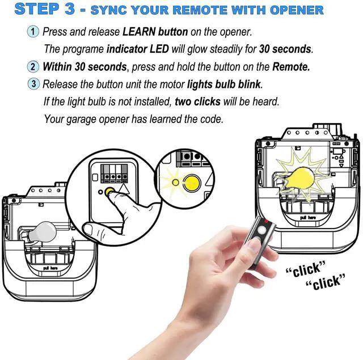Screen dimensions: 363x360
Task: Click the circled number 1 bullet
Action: (33, 32)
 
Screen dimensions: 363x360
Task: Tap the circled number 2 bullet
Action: (33, 67)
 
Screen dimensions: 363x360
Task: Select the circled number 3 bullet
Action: (33, 84)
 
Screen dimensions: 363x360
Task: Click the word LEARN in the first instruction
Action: (139, 32)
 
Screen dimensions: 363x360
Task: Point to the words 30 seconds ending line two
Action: (286, 49)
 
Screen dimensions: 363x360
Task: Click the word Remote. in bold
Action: (291, 67)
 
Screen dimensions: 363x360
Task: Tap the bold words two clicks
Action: (197, 101)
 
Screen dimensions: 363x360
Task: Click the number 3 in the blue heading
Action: (69, 9)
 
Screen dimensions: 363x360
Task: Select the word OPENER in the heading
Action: (297, 10)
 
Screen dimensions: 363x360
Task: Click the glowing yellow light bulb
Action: (299, 179)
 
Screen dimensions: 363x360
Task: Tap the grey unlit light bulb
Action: (41, 232)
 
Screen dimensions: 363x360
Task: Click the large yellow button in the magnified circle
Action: (192, 183)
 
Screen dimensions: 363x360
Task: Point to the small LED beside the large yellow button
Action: (175, 183)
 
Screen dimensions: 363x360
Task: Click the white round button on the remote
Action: (262, 230)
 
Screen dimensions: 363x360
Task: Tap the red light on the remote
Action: (266, 222)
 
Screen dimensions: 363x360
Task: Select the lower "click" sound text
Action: (326, 282)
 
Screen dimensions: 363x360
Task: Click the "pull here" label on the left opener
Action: (50, 268)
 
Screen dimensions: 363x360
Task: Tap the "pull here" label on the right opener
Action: (307, 217)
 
